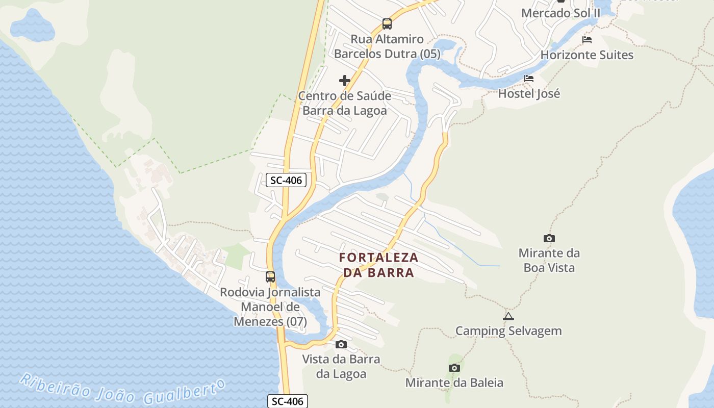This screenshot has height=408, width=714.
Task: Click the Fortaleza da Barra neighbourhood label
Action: pos(379,265)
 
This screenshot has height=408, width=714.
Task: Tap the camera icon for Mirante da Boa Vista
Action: pos(549,238)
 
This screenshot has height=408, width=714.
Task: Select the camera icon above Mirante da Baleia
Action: pos(454,368)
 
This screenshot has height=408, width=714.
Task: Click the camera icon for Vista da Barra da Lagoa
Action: pos(341,345)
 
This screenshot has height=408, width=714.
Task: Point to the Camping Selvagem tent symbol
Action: pos(508,316)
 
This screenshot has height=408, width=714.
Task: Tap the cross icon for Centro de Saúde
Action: pos(345,81)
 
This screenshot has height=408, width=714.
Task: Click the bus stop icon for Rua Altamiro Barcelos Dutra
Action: pos(387,23)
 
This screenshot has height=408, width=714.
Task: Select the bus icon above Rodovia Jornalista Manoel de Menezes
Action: pos(270,277)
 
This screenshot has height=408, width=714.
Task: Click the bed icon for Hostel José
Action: pos(529,79)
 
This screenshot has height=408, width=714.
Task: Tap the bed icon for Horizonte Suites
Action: pos(587,40)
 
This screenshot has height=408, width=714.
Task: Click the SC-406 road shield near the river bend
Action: pos(286,180)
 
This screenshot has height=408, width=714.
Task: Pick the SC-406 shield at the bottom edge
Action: pos(288,401)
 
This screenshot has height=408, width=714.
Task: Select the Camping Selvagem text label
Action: pos(508,331)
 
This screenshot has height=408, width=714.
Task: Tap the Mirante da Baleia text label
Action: pos(454,382)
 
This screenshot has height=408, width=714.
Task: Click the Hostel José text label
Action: pos(529,93)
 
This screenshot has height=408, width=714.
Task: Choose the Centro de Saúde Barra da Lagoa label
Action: pos(345,103)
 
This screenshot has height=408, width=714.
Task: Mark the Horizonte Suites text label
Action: pos(587,55)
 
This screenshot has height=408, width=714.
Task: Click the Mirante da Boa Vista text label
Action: pos(549,260)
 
